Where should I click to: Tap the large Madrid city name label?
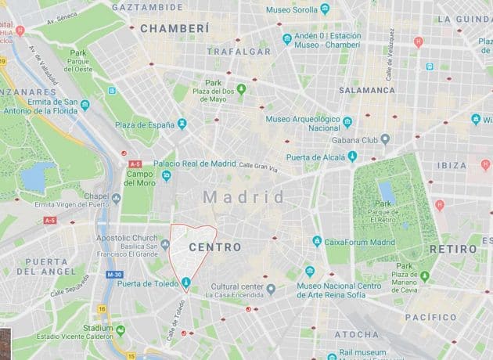click(244, 197)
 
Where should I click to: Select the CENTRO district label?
click(214, 247)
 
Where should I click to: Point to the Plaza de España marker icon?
click(182, 124)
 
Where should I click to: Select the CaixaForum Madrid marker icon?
click(317, 242)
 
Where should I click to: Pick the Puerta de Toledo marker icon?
click(186, 283)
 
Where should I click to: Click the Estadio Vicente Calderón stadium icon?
click(120, 329)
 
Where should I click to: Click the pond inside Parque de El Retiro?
click(386, 192)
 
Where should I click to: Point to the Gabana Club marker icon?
click(385, 139)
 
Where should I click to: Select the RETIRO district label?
click(453, 249)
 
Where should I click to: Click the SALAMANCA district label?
click(367, 91)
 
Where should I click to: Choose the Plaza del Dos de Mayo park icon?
click(241, 88)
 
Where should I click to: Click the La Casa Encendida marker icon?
click(271, 290)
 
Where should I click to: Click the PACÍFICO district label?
click(430, 318)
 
